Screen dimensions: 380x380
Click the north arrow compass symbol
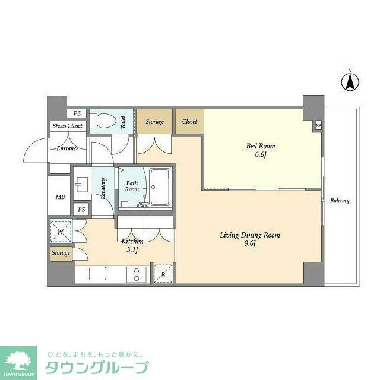(350, 81)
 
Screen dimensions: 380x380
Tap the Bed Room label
(261, 150)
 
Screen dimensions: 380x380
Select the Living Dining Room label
(249, 239)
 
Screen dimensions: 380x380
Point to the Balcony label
(340, 201)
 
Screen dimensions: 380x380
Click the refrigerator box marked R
(163, 273)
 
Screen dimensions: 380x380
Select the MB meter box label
(60, 197)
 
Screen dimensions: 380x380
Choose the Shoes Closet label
(67, 126)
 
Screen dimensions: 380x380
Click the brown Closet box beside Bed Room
(189, 121)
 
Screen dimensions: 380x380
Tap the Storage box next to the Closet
(154, 121)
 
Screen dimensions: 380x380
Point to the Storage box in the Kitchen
(61, 254)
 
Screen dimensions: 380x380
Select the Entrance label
(67, 148)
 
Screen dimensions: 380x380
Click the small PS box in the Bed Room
(318, 126)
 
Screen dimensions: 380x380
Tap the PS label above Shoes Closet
(77, 113)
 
